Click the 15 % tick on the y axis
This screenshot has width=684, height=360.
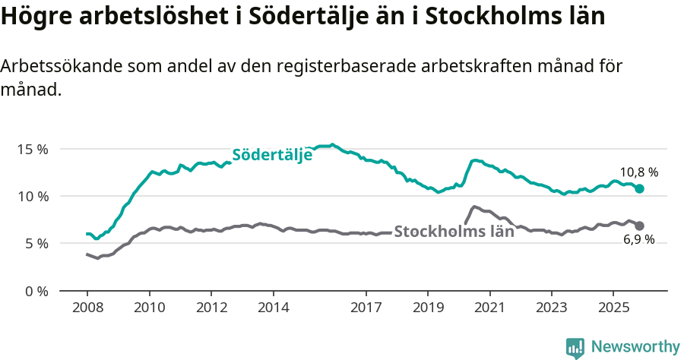click(32, 149)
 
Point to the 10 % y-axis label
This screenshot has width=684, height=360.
click(32, 196)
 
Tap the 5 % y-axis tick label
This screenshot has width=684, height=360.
click(35, 244)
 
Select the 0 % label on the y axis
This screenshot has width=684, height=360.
click(35, 291)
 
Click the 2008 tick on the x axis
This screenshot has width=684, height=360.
click(87, 308)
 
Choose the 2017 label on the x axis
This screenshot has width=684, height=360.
click(366, 308)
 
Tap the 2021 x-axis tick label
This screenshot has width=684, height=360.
click(489, 308)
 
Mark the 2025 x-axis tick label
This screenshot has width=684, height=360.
click(613, 308)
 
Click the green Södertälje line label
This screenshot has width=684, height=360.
click(272, 155)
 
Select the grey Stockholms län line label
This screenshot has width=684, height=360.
click(454, 232)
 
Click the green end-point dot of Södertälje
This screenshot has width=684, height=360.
click(640, 188)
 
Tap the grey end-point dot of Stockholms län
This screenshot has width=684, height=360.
click(640, 226)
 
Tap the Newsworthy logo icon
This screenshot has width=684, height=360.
click(575, 348)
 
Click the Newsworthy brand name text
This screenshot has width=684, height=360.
click(635, 347)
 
